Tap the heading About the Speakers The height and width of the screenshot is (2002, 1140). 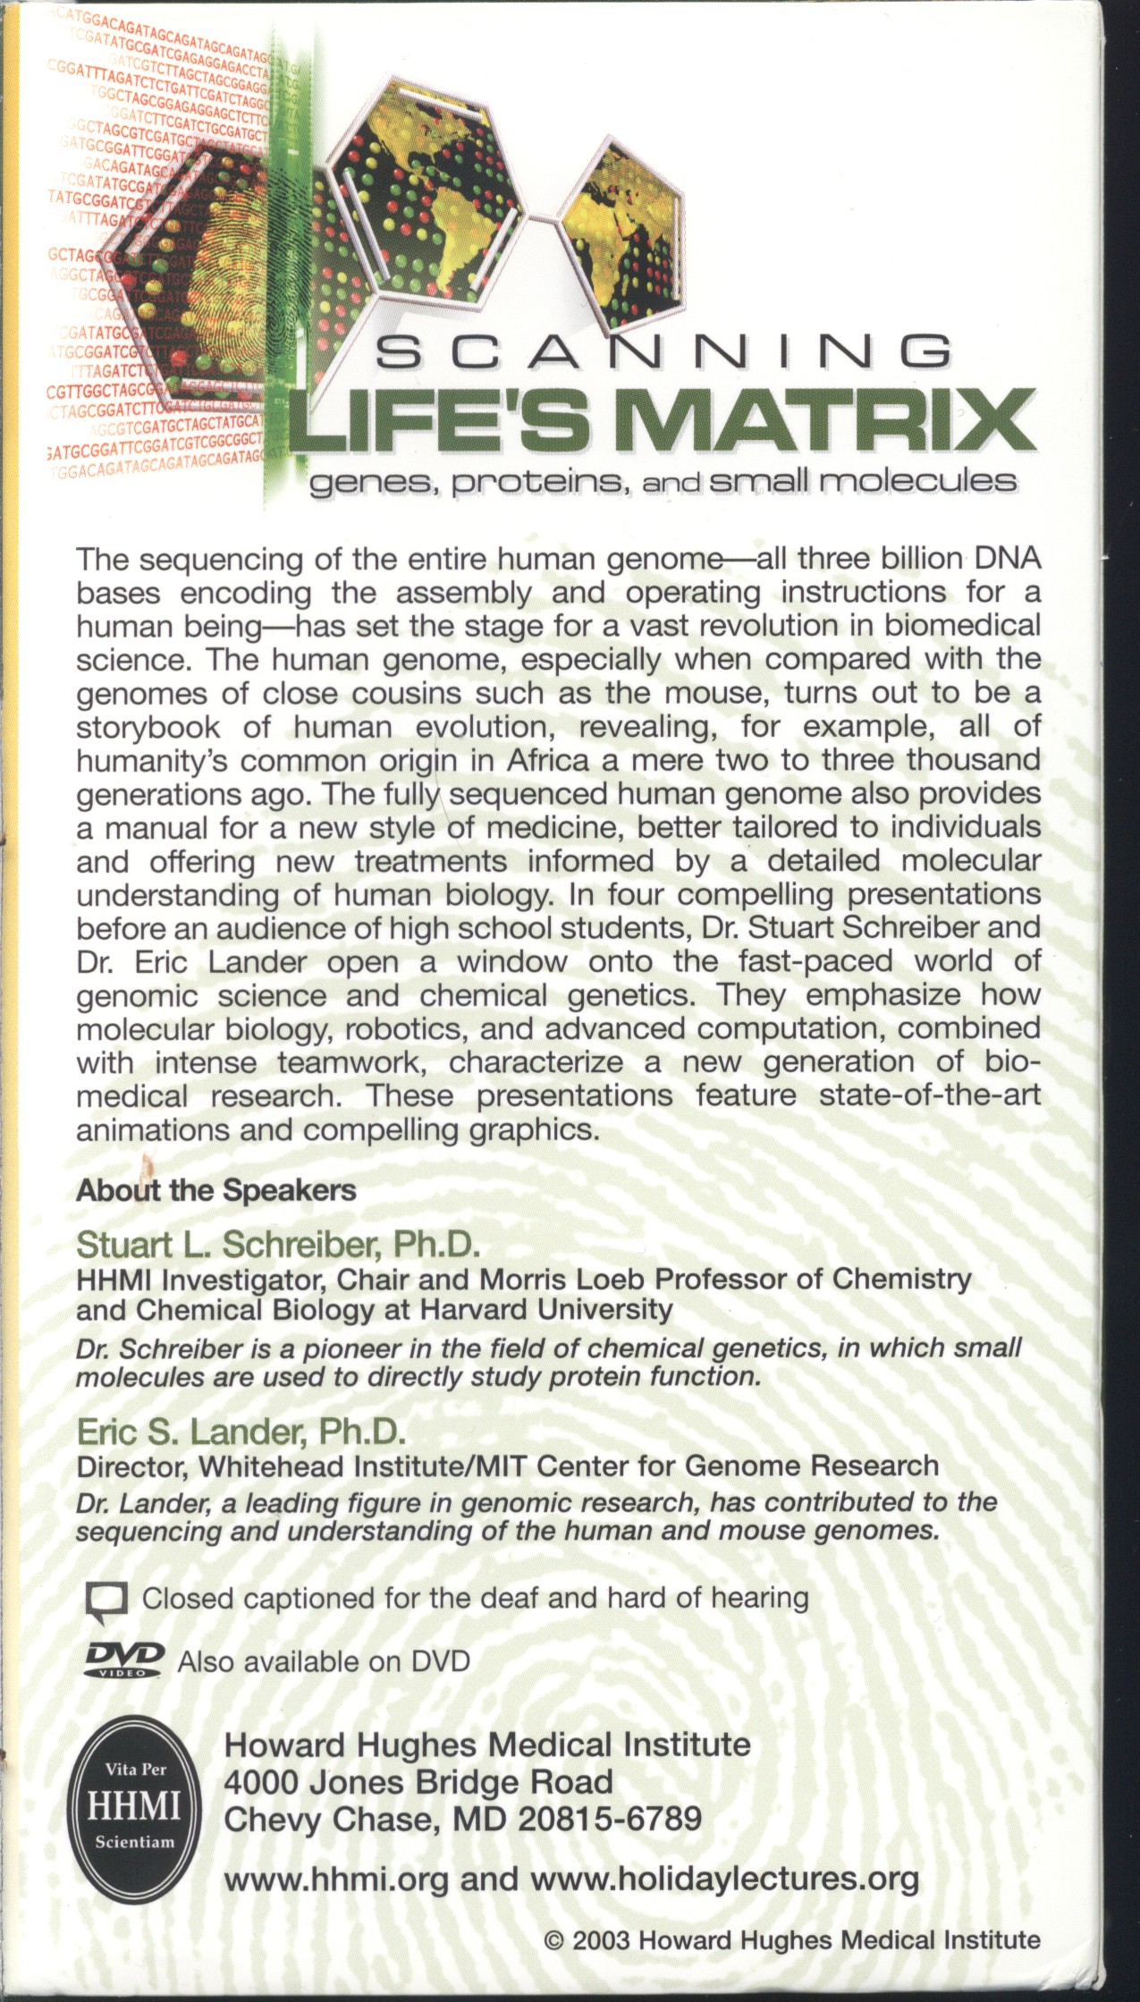[x=215, y=1191]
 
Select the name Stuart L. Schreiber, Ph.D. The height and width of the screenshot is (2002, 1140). [x=278, y=1245]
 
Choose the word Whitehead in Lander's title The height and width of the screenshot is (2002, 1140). [x=270, y=1466]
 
